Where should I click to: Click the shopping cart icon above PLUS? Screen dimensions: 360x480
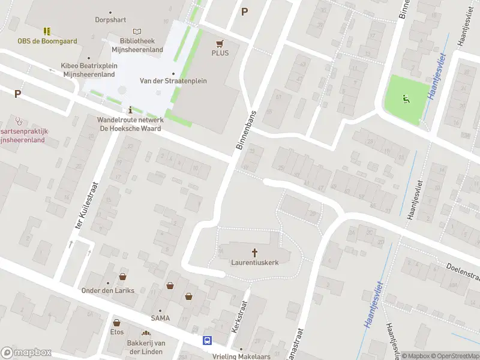pos(220,43)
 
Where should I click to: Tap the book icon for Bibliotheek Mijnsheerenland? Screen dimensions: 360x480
pos(137,31)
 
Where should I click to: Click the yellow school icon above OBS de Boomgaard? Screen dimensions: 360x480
pos(47,31)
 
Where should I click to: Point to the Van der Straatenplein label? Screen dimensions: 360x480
pos(173,80)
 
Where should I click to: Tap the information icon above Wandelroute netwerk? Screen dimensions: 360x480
pos(131,110)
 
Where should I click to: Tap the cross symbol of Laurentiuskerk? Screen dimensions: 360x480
pos(255,253)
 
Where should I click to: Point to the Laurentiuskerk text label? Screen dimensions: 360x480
pos(255,262)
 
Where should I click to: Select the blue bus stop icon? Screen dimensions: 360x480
pos(208,341)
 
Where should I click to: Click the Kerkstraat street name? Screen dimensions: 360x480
pos(240,317)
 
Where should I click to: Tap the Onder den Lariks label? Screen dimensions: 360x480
pos(108,290)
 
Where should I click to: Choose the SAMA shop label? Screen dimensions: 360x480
pos(160,318)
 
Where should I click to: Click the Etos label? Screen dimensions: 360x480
pos(116,331)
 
